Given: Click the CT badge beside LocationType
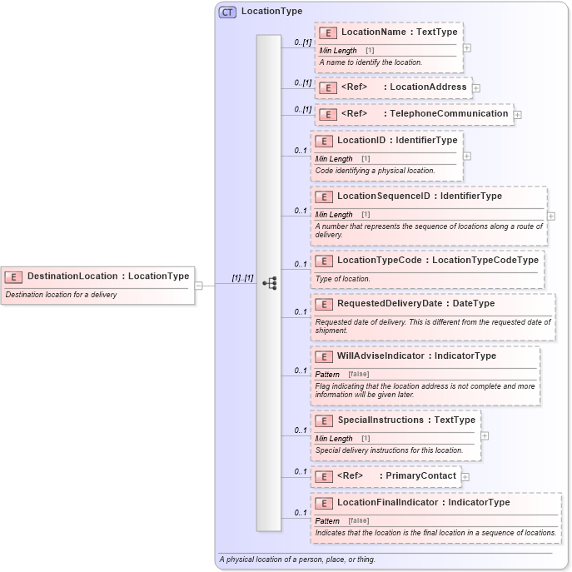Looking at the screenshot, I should [226, 12].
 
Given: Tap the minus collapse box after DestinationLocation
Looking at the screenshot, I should [198, 286].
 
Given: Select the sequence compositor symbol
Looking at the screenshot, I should [269, 283].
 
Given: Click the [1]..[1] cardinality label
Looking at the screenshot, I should [242, 277].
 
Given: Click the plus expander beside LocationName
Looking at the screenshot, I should [466, 47].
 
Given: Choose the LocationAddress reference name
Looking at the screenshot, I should [428, 87].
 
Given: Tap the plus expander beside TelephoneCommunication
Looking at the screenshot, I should [518, 114].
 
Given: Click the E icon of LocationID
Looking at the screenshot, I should [323, 141].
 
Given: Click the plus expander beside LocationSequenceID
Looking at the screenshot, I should [550, 216].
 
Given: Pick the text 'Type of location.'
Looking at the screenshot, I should [343, 279].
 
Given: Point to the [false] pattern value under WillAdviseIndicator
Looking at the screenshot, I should [358, 374].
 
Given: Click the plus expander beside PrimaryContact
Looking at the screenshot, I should [465, 476].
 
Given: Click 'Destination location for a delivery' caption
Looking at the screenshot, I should [62, 294].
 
